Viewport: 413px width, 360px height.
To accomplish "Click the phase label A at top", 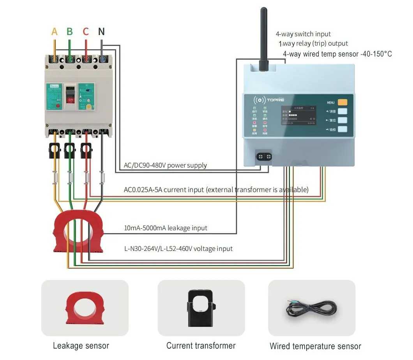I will [55, 32].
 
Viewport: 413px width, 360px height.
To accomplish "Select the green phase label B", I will [70, 32].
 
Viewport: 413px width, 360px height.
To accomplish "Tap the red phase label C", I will [86, 32].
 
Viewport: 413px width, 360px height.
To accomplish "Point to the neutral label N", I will [101, 32].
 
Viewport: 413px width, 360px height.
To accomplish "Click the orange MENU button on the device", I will [342, 102].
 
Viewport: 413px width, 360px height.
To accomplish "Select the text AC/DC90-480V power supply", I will [165, 165].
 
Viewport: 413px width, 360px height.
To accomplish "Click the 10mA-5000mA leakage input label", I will [165, 228].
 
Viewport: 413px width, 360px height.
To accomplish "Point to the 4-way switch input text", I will [303, 34].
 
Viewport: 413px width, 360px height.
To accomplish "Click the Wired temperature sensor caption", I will [315, 346].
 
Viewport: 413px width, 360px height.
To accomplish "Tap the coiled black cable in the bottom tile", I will [312, 307].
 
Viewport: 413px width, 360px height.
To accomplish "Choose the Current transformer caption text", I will [201, 346].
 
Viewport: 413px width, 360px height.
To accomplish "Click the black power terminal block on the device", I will [264, 157].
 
